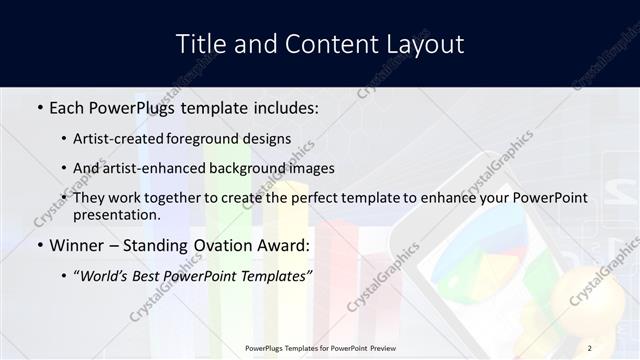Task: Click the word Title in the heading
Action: tap(200, 44)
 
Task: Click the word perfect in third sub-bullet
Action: tap(316, 198)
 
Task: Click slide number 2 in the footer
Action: tap(590, 348)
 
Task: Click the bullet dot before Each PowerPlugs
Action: tap(39, 107)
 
